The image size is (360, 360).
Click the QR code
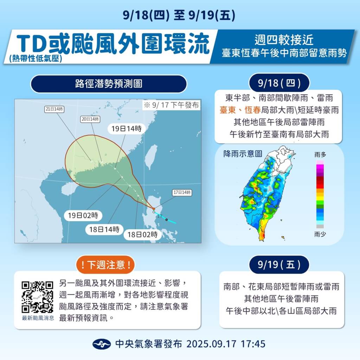(x=37, y=297)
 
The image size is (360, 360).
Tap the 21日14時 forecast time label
(x=54, y=109)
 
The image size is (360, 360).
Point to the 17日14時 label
(x=182, y=193)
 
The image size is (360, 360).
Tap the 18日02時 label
(x=142, y=235)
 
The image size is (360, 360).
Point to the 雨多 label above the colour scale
(x=320, y=155)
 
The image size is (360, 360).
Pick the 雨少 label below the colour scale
(x=320, y=234)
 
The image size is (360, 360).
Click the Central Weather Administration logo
(x=102, y=343)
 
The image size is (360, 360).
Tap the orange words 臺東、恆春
(x=240, y=110)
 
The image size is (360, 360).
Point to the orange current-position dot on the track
(x=154, y=209)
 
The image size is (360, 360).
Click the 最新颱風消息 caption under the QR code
(x=38, y=318)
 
